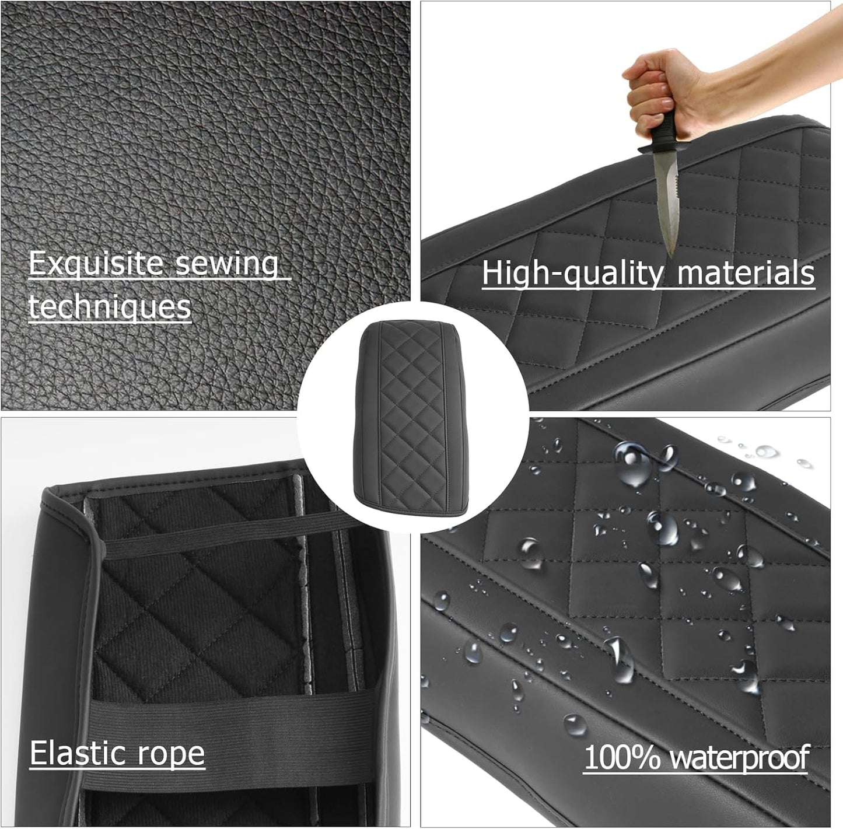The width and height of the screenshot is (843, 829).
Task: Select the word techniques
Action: click(x=110, y=306)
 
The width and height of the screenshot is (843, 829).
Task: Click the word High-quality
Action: click(x=572, y=273)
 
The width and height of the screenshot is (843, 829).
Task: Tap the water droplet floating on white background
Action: click(x=765, y=451)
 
